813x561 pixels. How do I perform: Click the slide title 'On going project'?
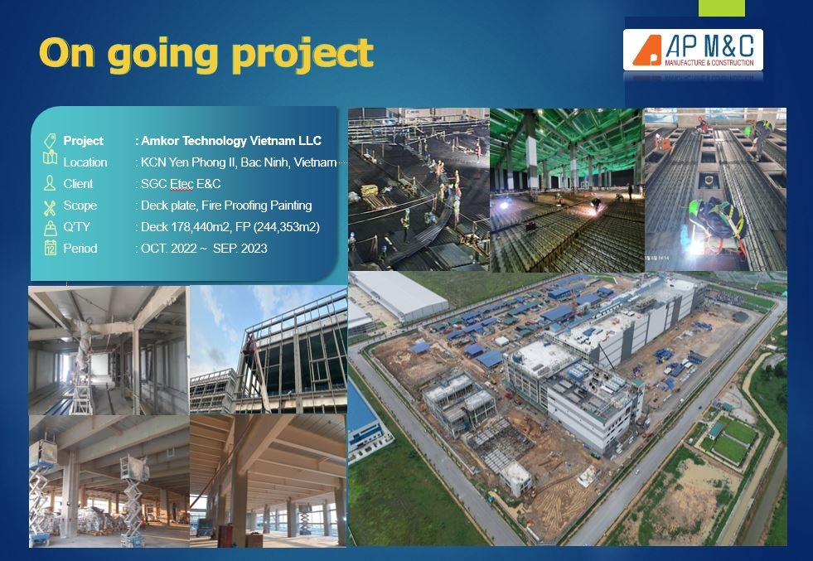tap(206, 54)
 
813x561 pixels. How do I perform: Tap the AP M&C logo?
tap(693, 51)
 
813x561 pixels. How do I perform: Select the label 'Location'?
tap(85, 162)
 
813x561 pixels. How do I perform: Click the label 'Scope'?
tap(80, 206)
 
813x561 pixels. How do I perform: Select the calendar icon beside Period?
tap(50, 248)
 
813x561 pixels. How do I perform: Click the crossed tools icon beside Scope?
tap(50, 206)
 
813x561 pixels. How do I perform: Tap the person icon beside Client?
tap(50, 184)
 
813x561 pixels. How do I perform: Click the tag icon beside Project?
tap(50, 141)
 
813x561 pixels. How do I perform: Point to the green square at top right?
tap(721, 7)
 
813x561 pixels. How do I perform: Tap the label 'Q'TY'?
tap(80, 227)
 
